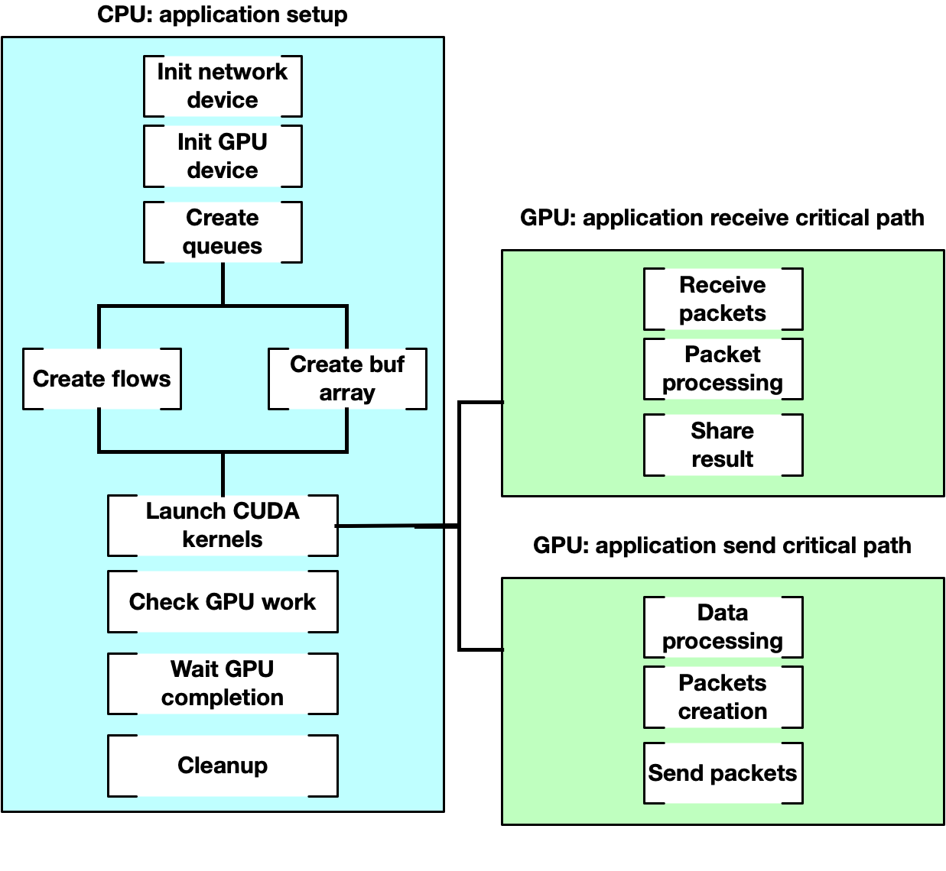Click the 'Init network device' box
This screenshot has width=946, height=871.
pyautogui.click(x=223, y=86)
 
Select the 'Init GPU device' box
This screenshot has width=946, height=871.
pyautogui.click(x=223, y=157)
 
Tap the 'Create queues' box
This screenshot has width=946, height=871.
pyautogui.click(x=223, y=232)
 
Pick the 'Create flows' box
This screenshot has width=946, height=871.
pyautogui.click(x=102, y=379)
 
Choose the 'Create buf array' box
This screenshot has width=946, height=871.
pyautogui.click(x=347, y=379)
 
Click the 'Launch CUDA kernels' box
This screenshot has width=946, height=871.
pyautogui.click(x=223, y=526)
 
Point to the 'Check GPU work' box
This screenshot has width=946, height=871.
pyautogui.click(x=223, y=602)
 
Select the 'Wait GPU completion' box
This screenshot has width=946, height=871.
pyautogui.click(x=223, y=684)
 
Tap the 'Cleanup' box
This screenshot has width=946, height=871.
pyautogui.click(x=223, y=766)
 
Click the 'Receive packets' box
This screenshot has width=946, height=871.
pyautogui.click(x=723, y=299)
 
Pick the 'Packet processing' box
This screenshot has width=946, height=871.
pyautogui.click(x=723, y=369)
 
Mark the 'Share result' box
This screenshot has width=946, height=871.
pyautogui.click(x=723, y=445)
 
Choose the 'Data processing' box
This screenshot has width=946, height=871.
pyautogui.click(x=723, y=627)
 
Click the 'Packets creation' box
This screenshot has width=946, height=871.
pyautogui.click(x=723, y=697)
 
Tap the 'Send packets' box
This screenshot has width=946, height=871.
pyautogui.click(x=723, y=773)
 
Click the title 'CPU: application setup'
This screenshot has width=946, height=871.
pyautogui.click(x=223, y=15)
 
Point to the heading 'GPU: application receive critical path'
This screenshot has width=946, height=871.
pyautogui.click(x=722, y=218)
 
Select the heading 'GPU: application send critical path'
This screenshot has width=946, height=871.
pyautogui.click(x=722, y=546)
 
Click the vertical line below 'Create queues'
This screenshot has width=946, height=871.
pyautogui.click(x=223, y=284)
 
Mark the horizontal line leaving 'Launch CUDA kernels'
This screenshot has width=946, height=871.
pyautogui.click(x=398, y=526)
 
